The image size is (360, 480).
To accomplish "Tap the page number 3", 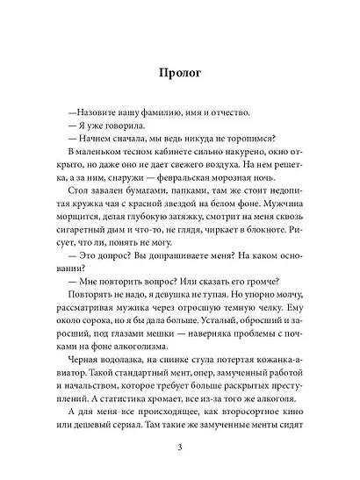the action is tap(179, 450).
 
